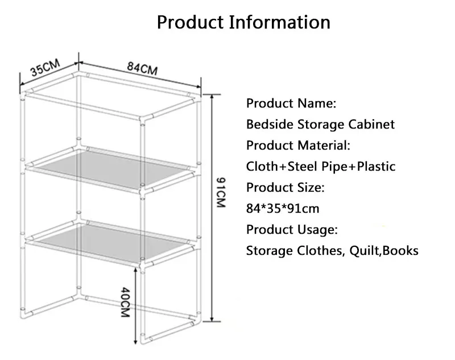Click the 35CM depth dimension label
[45, 67]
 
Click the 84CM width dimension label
[142, 68]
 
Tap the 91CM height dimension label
[221, 193]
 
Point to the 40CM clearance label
[125, 302]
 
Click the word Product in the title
[191, 22]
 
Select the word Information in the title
[280, 22]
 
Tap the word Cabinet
[371, 125]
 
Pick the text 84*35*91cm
[283, 209]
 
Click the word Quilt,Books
[383, 251]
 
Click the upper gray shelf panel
[110, 168]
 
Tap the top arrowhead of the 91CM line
[212, 97]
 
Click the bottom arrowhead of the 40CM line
[135, 341]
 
